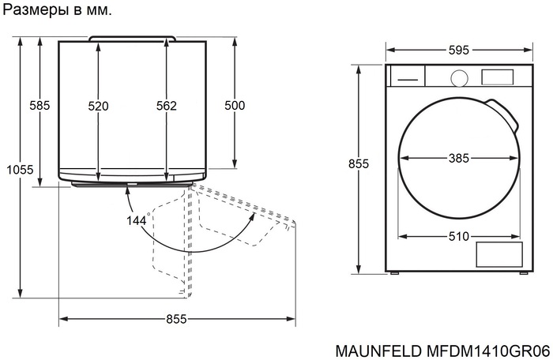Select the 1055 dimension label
(19, 169)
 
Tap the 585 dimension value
(39, 106)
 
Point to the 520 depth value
(98, 106)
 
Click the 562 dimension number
(166, 106)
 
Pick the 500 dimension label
(235, 106)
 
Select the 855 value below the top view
(176, 319)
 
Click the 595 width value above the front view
(458, 50)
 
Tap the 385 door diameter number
(459, 158)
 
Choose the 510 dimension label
(459, 235)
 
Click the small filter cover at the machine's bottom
(498, 254)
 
